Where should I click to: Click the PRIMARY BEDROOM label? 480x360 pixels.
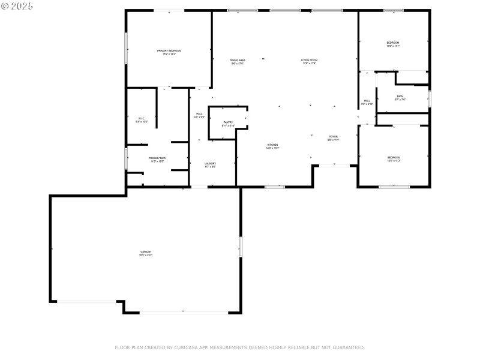tap(169, 50)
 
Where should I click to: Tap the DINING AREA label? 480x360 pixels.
tap(238, 60)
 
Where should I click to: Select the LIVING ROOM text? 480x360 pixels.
tap(308, 60)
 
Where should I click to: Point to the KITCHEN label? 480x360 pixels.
tap(272, 145)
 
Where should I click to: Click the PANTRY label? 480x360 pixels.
tap(228, 122)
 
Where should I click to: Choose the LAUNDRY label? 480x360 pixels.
tap(210, 163)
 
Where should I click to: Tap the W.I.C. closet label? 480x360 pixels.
tap(142, 118)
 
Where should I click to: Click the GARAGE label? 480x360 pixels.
tap(146, 252)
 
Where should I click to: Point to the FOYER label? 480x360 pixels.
tap(333, 137)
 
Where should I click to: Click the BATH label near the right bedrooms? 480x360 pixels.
tap(400, 96)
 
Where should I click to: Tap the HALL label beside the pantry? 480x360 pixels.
tap(199, 113)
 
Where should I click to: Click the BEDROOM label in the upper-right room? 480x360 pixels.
tap(393, 43)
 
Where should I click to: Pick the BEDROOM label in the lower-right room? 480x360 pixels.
tap(394, 158)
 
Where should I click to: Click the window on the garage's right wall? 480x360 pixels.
tap(241, 247)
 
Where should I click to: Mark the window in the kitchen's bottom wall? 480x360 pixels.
tap(274, 187)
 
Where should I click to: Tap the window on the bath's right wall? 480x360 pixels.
tap(430, 98)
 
